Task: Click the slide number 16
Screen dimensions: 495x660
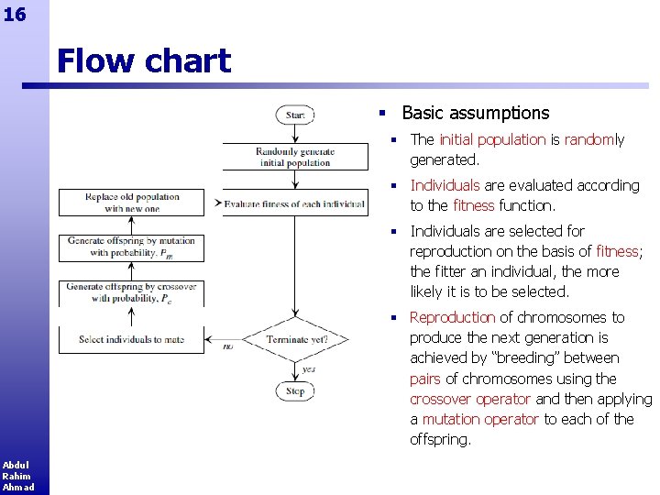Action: [x=14, y=14]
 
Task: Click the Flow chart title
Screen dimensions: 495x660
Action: [x=144, y=61]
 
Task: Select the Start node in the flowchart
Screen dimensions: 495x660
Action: [x=295, y=115]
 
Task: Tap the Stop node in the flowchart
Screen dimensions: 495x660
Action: [x=295, y=390]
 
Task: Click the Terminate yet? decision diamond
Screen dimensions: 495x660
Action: [x=296, y=339]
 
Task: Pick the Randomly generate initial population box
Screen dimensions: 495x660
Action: [x=295, y=158]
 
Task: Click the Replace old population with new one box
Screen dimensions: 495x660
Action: [x=132, y=203]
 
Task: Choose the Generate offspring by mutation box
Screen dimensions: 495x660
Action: [x=131, y=247]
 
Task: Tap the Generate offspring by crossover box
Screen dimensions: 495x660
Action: [x=131, y=292]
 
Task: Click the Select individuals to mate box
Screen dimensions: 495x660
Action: [x=131, y=339]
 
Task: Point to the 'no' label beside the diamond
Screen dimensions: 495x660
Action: [x=228, y=346]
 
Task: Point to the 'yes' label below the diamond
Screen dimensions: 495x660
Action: [x=309, y=369]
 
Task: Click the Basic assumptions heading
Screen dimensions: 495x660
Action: [x=475, y=114]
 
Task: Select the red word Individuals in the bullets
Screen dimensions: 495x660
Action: [x=445, y=185]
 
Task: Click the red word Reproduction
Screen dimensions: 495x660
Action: [x=452, y=317]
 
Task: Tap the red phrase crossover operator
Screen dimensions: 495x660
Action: [x=470, y=399]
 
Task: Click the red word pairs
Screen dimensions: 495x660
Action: [x=425, y=379]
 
